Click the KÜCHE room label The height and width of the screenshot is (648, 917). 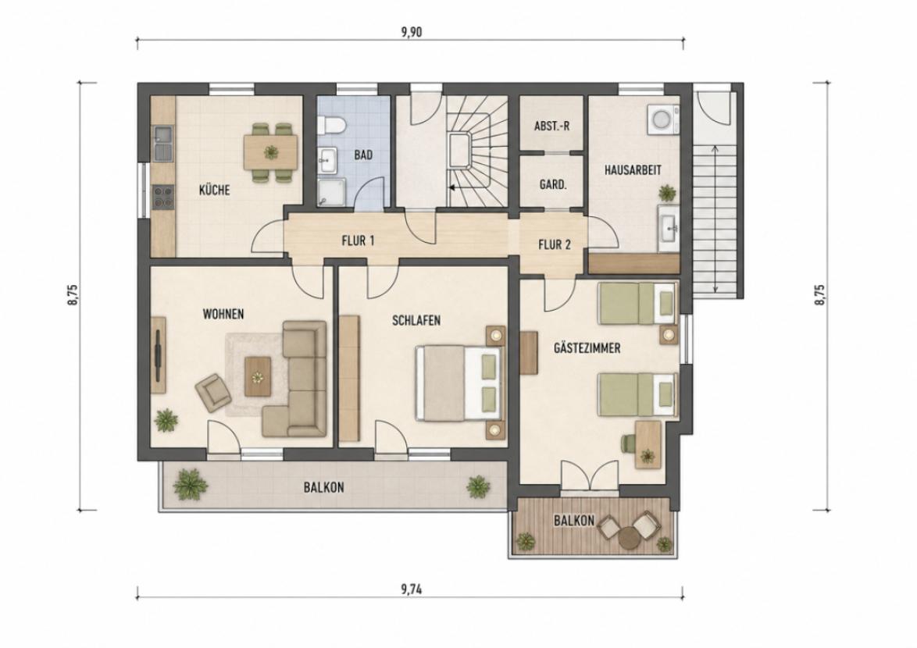[x=214, y=190]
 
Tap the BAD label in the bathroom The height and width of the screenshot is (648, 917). [x=363, y=155]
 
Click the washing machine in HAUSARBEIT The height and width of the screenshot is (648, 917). [x=663, y=119]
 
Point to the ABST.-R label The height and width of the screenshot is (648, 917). [x=551, y=126]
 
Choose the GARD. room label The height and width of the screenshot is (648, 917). [x=553, y=185]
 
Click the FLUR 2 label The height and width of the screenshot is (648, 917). [x=554, y=245]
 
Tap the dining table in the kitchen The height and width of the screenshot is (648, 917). [x=270, y=152]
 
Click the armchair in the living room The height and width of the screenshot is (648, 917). [x=213, y=393]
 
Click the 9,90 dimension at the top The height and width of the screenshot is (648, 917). [x=411, y=32]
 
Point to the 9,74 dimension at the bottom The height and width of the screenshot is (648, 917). [x=411, y=589]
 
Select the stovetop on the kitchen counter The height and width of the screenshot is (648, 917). [x=163, y=196]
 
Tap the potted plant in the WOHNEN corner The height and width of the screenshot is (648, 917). [x=166, y=419]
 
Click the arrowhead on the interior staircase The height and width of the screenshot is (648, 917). [x=451, y=188]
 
